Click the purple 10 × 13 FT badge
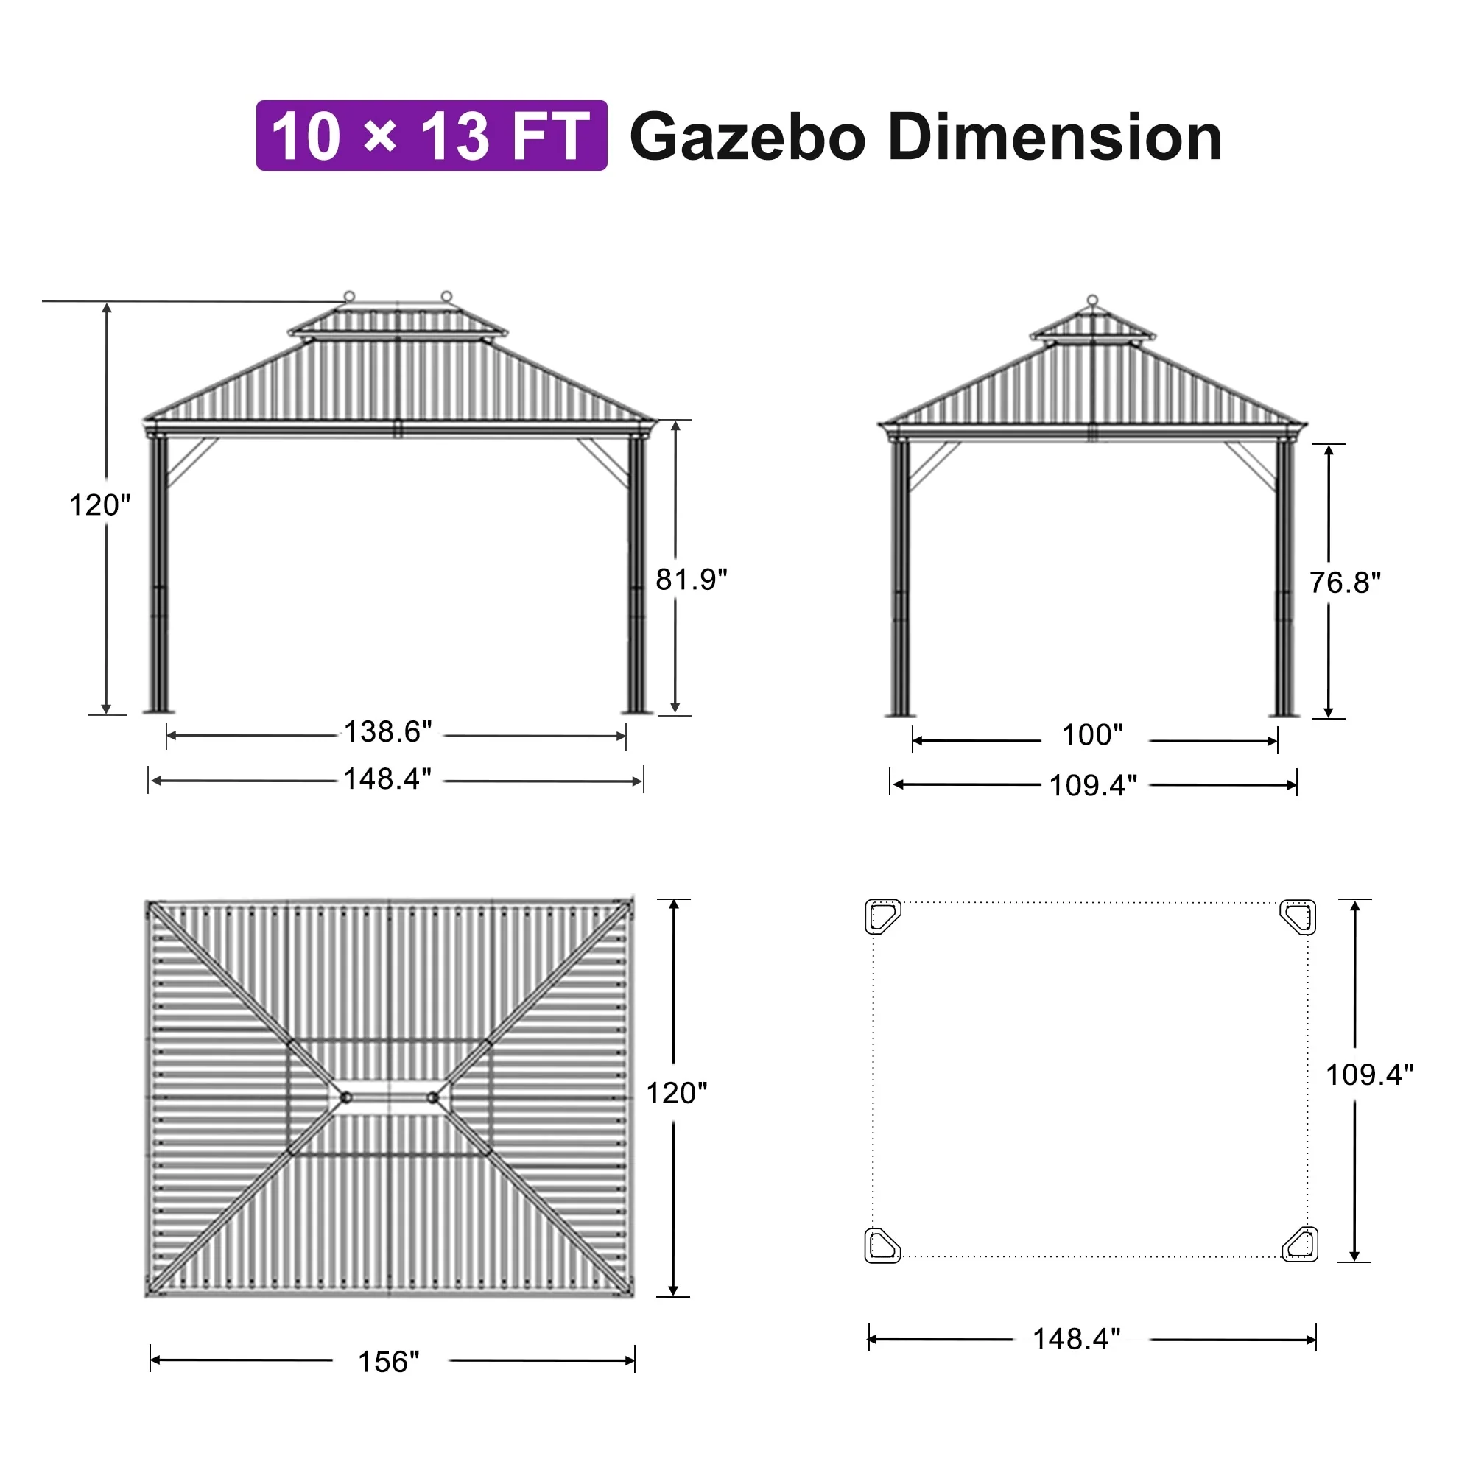click(x=432, y=136)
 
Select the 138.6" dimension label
click(x=388, y=731)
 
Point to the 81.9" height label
click(x=692, y=580)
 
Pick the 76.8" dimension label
click(x=1345, y=583)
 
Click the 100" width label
click(x=1092, y=735)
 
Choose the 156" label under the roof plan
click(x=389, y=1362)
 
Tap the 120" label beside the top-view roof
click(x=676, y=1093)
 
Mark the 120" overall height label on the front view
click(x=100, y=505)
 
